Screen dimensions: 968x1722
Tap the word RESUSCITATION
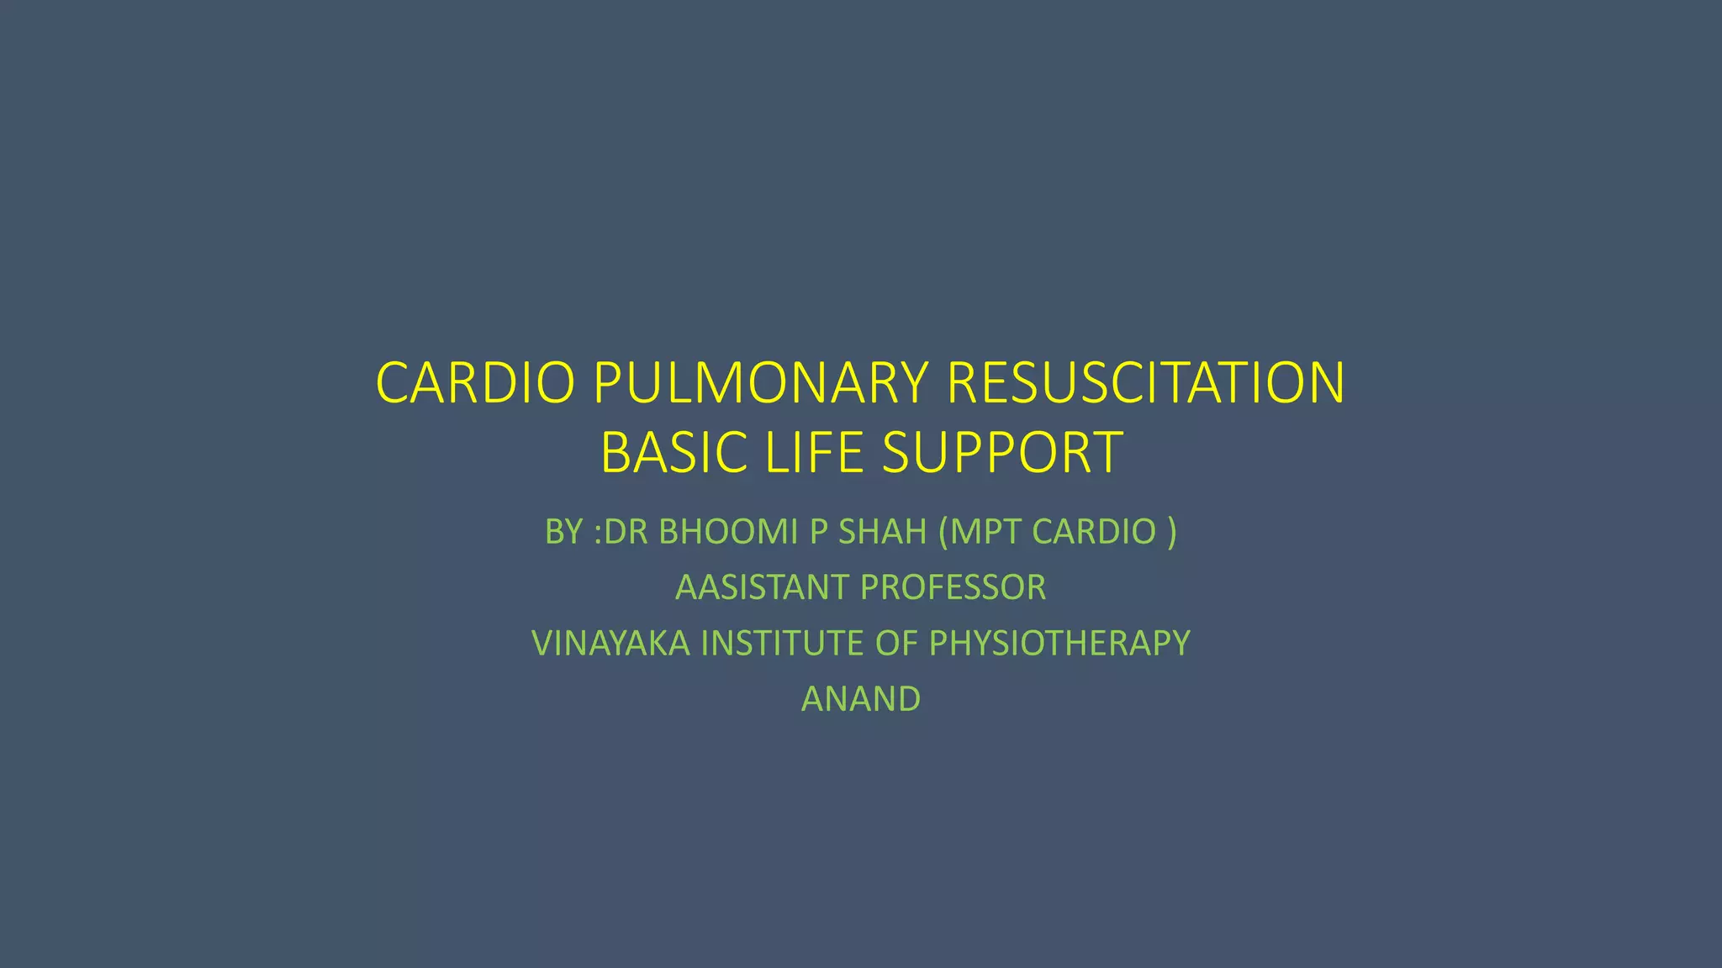[x=1145, y=383]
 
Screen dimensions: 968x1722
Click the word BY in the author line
[x=564, y=532]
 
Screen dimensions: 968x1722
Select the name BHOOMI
[x=728, y=532]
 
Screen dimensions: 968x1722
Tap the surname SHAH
[x=883, y=532]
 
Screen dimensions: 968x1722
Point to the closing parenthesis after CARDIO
[x=1171, y=532]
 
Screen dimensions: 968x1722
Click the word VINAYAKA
[x=610, y=644]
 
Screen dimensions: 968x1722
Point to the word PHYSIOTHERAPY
[x=1059, y=644]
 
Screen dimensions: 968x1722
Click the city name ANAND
[x=861, y=699]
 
